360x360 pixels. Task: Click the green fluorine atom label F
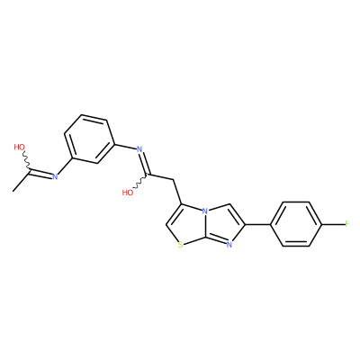tap(347, 224)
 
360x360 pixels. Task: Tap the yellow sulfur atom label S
tap(180, 246)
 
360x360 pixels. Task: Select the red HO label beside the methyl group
tap(20, 147)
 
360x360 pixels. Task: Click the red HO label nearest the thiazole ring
tap(128, 193)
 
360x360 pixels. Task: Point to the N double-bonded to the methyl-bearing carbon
tap(55, 176)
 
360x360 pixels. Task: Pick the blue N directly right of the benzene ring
tap(139, 149)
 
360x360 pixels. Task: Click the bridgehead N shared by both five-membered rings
tap(204, 211)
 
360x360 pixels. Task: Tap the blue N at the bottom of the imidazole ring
tap(229, 246)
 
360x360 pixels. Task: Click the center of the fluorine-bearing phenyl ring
tap(296, 224)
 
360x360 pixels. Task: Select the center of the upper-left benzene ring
tap(89, 139)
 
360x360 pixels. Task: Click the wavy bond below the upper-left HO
tap(27, 160)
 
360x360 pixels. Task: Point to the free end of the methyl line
tap(13, 191)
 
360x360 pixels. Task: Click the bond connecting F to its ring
tap(333, 224)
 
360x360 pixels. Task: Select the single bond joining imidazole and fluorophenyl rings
tap(258, 224)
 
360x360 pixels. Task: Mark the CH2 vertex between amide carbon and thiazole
tap(174, 180)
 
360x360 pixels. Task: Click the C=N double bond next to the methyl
tap(40, 173)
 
